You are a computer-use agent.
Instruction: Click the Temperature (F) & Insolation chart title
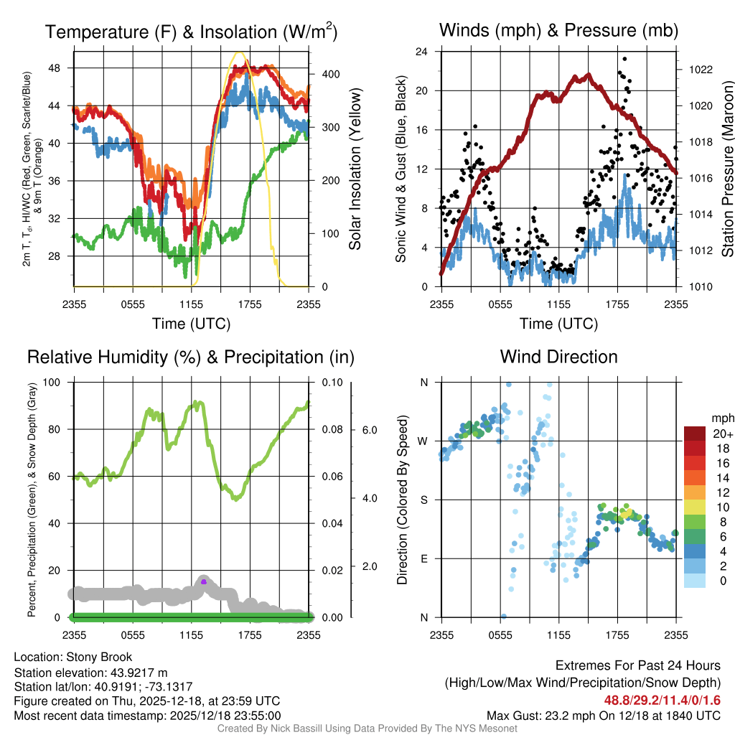(191, 32)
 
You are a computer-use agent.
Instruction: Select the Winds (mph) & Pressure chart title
(558, 30)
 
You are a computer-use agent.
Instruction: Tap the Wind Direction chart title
(558, 356)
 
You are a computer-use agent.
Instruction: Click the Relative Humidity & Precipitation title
(191, 357)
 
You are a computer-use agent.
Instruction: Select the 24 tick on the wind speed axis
(422, 52)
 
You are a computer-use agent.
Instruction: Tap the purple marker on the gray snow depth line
(204, 581)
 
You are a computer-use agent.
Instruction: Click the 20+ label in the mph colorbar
(720, 434)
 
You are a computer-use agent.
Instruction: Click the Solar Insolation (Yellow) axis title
(355, 169)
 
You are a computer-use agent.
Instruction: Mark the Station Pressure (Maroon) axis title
(726, 169)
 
